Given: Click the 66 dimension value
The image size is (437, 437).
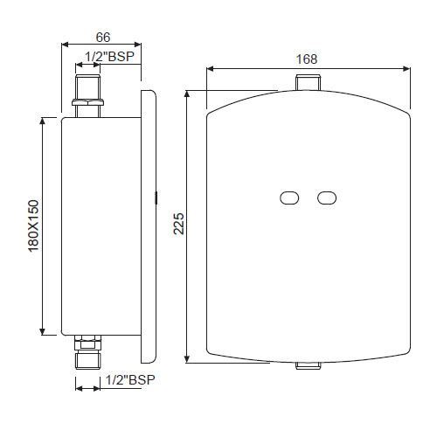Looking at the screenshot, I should [101, 38].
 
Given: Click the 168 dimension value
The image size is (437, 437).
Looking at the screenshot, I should [307, 59].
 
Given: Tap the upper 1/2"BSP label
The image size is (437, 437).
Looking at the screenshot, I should [109, 58].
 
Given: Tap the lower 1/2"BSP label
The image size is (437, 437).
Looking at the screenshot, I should [129, 380].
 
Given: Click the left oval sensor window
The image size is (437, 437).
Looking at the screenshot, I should [289, 198].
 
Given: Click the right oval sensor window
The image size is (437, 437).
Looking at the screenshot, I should [327, 198].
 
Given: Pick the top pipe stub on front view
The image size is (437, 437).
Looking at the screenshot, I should [307, 84].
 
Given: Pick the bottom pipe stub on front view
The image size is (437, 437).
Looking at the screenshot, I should [307, 364].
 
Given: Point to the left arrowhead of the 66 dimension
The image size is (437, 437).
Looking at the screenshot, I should [64, 45].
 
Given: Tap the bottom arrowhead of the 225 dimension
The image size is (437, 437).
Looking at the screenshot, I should [188, 361].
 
